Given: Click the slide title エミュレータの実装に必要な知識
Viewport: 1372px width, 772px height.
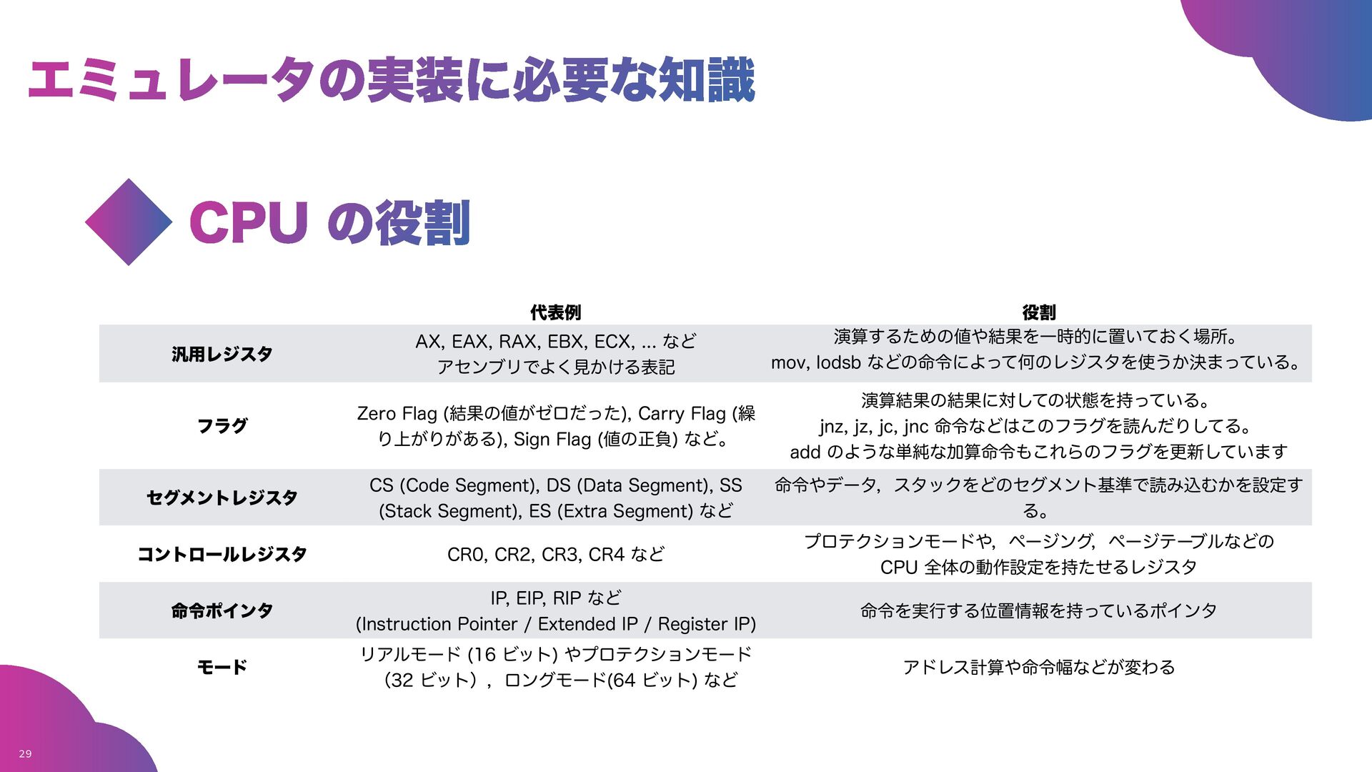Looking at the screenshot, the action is click(x=391, y=79).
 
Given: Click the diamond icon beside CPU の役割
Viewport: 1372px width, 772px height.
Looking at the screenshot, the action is click(x=129, y=222).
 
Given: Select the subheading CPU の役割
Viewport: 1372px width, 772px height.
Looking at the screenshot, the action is click(x=329, y=222).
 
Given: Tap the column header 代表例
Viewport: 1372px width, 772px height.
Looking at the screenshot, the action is click(x=555, y=312).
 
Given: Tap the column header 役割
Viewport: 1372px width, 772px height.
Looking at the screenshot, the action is click(x=1038, y=312).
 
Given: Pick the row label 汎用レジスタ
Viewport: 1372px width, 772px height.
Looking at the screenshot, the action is click(x=222, y=354).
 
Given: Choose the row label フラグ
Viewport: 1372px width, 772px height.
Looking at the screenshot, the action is click(x=222, y=426).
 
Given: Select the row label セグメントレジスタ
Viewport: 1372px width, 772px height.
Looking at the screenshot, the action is click(x=222, y=498).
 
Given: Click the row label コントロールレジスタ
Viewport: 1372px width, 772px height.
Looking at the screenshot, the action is click(x=222, y=554).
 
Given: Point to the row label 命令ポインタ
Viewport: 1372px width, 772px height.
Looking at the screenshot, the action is click(x=222, y=610).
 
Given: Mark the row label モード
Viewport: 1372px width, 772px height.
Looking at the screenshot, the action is click(x=222, y=667).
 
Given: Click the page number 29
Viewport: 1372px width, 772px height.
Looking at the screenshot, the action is click(x=25, y=753).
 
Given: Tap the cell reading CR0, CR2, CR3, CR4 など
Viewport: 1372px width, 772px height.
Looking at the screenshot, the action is click(x=555, y=554).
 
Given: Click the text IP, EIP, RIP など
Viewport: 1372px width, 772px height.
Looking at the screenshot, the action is click(x=555, y=598).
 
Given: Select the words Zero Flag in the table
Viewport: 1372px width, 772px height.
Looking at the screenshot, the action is click(x=397, y=413).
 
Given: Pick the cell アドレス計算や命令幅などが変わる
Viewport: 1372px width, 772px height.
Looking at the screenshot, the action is click(x=1038, y=667).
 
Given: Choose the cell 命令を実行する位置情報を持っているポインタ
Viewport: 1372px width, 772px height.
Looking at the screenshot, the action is click(x=1038, y=610).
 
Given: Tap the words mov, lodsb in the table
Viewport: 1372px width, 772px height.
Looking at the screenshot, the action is click(x=815, y=362).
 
